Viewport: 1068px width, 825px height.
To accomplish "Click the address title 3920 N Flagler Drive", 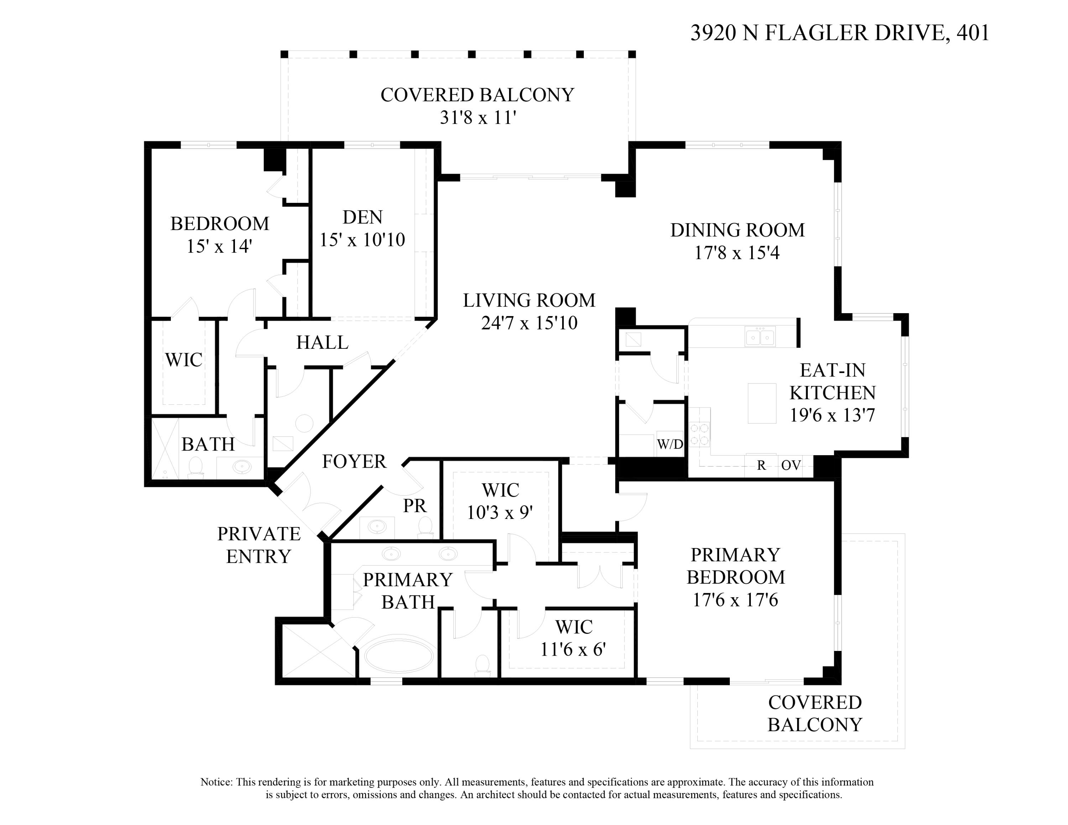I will pos(839,33).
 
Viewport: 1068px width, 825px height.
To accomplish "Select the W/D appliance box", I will pos(669,444).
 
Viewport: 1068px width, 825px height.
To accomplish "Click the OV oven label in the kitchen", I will pos(791,465).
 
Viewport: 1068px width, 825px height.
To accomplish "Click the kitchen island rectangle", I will pos(761,403).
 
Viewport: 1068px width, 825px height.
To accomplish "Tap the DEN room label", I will pos(362,217).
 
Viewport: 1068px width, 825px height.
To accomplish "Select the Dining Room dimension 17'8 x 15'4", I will pos(737,253).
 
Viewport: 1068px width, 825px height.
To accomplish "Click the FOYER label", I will pos(354,461).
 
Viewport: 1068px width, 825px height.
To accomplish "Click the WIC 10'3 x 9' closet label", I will pos(500,501).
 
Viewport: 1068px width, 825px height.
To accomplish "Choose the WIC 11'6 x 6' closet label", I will pos(573,638).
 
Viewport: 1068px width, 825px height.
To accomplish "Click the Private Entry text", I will pos(259,545).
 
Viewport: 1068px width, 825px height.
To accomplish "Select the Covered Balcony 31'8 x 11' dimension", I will pos(478,118).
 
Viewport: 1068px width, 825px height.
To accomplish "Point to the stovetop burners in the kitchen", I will pos(699,435).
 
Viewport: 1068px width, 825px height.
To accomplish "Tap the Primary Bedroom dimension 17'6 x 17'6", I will pos(735,600).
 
